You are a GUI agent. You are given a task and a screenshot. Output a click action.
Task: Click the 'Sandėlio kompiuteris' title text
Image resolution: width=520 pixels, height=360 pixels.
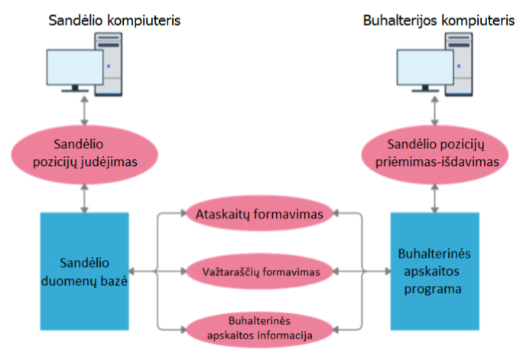click(x=115, y=21)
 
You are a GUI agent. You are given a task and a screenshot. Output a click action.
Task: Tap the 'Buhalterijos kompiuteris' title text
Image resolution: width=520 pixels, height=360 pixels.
click(x=439, y=21)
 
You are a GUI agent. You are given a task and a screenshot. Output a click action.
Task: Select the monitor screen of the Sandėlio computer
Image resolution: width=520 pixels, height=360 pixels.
click(x=75, y=67)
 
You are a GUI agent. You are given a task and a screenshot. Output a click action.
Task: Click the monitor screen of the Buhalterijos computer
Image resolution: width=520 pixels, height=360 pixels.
click(x=425, y=67)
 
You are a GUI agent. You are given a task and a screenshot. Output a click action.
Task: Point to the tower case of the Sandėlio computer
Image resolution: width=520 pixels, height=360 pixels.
click(x=109, y=64)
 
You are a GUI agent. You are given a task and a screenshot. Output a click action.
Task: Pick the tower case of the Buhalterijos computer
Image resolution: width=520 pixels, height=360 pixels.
click(x=460, y=64)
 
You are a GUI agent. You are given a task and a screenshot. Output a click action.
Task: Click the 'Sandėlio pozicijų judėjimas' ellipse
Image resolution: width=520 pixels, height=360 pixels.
click(x=85, y=154)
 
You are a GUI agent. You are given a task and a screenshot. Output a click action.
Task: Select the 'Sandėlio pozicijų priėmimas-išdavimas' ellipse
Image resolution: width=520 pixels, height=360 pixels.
click(x=435, y=154)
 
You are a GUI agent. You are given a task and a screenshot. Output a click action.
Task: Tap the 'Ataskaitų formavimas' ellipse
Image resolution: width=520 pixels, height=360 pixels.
click(x=259, y=213)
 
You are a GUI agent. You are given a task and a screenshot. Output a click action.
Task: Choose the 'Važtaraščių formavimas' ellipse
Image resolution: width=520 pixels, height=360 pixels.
click(x=259, y=271)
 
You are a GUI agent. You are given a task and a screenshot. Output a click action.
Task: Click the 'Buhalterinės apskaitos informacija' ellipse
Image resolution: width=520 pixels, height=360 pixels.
click(x=259, y=329)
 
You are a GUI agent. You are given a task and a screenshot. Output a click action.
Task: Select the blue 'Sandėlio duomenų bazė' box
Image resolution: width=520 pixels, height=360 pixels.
click(x=85, y=271)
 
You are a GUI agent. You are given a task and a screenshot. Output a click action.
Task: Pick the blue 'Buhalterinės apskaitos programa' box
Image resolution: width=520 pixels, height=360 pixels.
click(x=435, y=271)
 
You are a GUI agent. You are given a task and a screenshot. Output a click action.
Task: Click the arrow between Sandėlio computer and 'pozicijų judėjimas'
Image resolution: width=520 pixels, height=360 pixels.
click(x=85, y=111)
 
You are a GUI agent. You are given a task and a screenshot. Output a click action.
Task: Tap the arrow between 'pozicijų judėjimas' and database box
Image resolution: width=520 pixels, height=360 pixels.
click(x=85, y=198)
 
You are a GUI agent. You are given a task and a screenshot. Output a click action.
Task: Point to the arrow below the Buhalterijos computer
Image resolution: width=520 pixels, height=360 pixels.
click(x=435, y=111)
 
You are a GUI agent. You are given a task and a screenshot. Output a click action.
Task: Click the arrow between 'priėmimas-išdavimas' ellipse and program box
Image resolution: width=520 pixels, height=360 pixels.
click(x=435, y=198)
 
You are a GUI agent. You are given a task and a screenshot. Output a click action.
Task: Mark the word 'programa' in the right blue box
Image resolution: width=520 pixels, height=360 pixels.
click(x=433, y=290)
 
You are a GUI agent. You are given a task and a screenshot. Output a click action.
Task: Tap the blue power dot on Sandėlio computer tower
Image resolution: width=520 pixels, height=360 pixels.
click(x=109, y=66)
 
